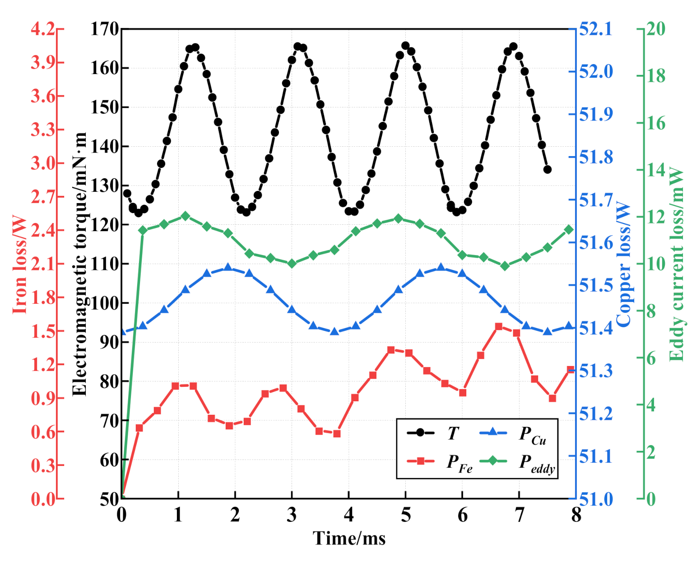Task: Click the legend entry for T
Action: point(433,433)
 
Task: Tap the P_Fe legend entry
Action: point(440,461)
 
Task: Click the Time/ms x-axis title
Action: point(349,539)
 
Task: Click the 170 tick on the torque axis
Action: point(104,29)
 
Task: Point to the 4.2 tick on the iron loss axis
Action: point(42,29)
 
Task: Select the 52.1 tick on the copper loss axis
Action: point(596,29)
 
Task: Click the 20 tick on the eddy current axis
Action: point(656,29)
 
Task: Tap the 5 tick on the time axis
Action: point(406,515)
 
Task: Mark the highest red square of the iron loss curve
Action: point(499,326)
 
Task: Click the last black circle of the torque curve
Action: point(548,170)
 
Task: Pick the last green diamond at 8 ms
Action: point(569,230)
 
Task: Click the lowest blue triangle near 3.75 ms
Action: point(334,332)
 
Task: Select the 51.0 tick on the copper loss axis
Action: point(596,499)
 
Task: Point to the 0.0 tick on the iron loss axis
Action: point(42,499)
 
